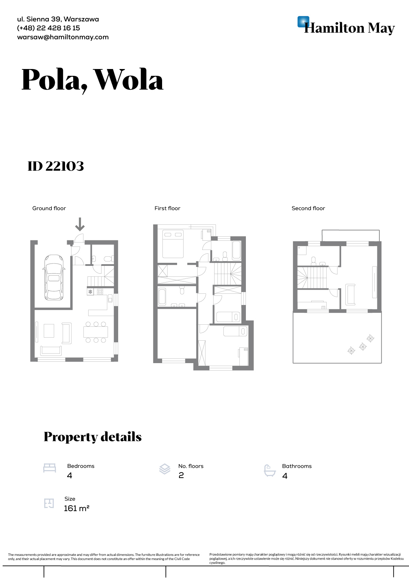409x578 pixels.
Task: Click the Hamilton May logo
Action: [346, 26]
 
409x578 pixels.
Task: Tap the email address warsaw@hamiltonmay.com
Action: [63, 37]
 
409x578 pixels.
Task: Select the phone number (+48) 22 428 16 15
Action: [48, 28]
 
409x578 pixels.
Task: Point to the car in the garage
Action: [54, 277]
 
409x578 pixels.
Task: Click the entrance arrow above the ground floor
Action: [80, 224]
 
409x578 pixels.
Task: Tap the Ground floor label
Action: [49, 208]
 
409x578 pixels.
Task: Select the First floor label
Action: [167, 208]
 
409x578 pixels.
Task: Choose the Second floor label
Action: [308, 208]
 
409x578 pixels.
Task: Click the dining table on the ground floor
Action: [96, 332]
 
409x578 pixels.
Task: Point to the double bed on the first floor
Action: [173, 244]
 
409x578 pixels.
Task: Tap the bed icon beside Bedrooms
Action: [50, 468]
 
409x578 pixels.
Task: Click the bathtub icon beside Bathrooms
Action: [270, 470]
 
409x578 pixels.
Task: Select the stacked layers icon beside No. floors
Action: [165, 469]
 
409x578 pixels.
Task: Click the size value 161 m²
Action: [77, 508]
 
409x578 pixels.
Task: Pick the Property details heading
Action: [93, 437]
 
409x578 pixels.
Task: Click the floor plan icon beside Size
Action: [49, 503]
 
